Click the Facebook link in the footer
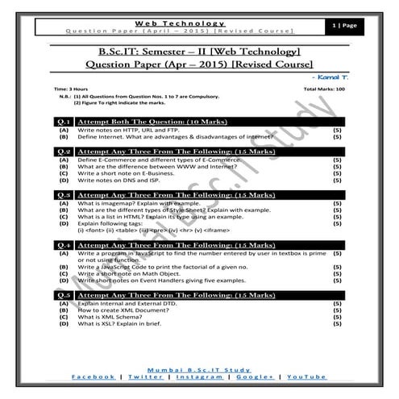point(94,376)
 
